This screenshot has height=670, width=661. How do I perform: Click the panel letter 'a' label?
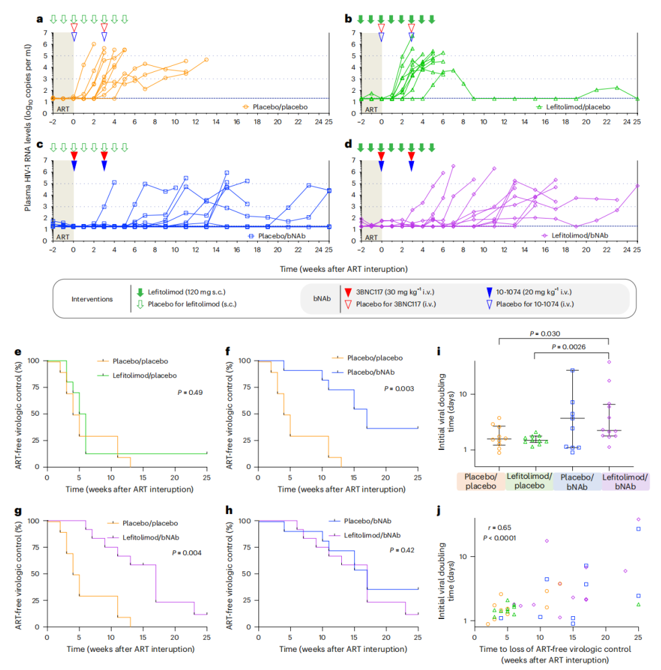coord(38,20)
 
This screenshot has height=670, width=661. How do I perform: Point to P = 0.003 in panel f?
coord(398,388)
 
